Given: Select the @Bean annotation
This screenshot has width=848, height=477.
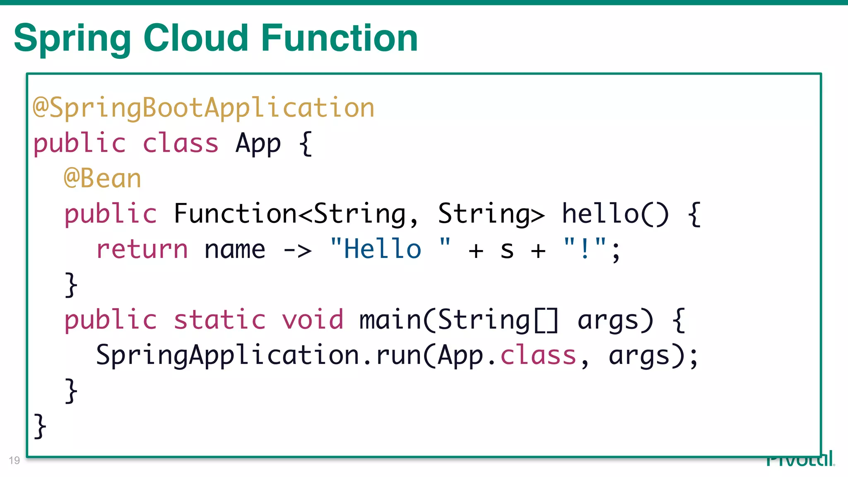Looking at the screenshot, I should click(103, 179).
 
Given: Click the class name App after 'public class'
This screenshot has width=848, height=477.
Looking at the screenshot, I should click(258, 144).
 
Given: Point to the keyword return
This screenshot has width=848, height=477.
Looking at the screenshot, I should click(142, 250).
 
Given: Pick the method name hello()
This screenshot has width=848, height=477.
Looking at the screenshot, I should click(614, 214).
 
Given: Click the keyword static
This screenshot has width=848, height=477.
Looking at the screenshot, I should click(219, 320).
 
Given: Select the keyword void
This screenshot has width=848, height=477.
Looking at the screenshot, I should click(313, 320).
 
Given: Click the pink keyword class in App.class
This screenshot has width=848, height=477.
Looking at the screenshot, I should click(538, 356).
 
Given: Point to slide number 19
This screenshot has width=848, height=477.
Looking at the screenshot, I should click(14, 460).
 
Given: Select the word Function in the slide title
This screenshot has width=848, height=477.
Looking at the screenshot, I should click(339, 38).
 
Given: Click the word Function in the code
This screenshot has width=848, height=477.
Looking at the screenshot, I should click(235, 214).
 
